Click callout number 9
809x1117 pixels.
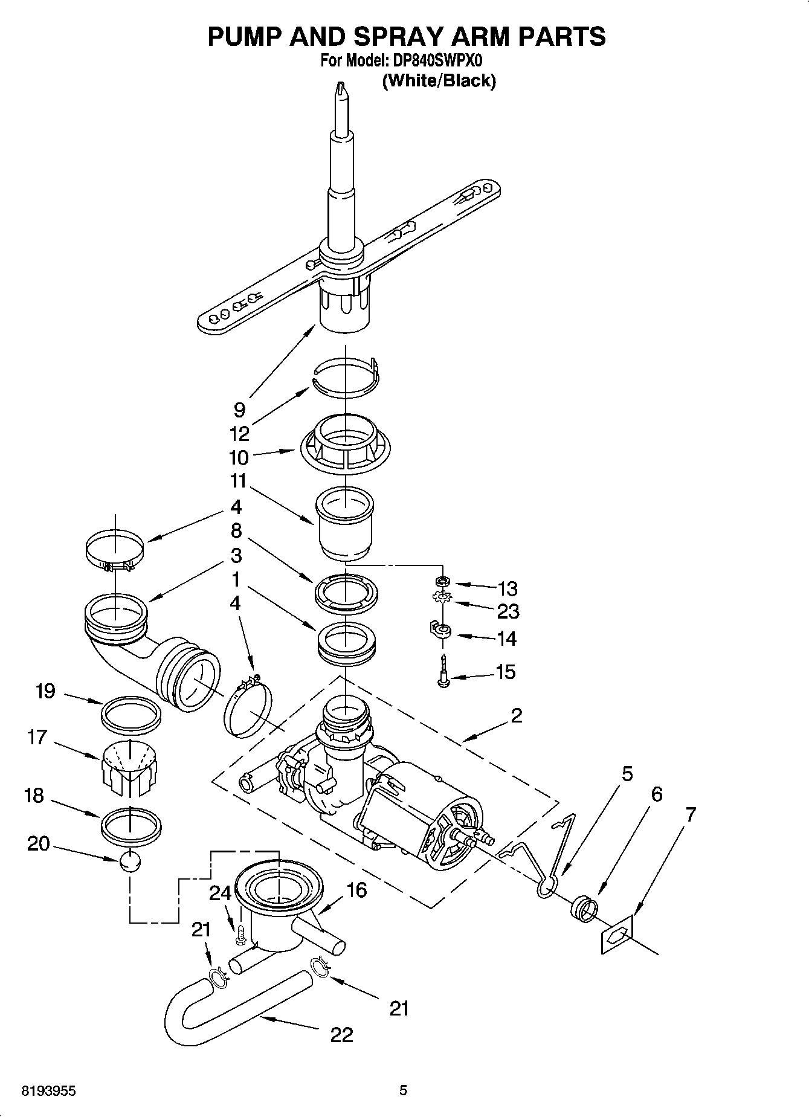(239, 410)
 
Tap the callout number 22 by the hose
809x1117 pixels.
(341, 1035)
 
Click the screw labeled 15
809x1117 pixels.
(444, 672)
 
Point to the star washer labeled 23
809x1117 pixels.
(443, 598)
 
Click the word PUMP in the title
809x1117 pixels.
(244, 36)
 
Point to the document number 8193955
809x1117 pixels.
(48, 1091)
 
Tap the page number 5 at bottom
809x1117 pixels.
(404, 1091)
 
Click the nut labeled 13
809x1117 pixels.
(443, 581)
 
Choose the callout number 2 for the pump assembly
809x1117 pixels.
(516, 715)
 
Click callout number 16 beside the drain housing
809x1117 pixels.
(357, 890)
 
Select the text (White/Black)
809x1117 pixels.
(439, 80)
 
